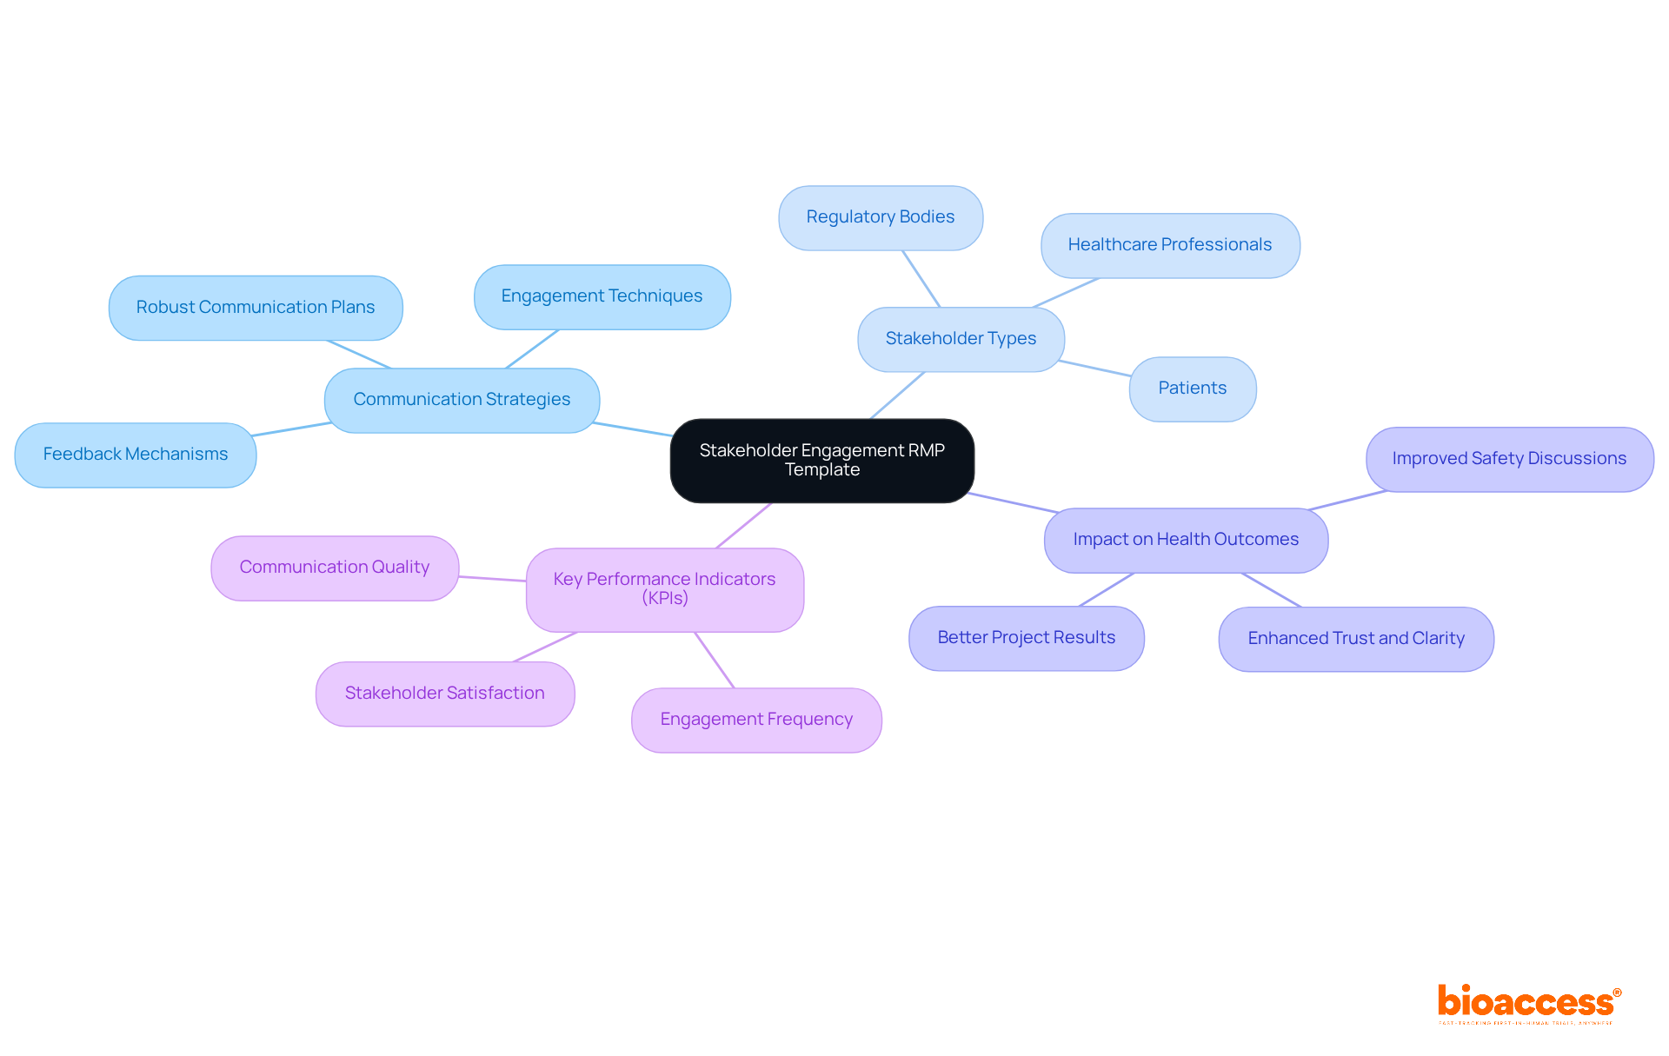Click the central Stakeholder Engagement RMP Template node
tap(821, 461)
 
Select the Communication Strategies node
tap(462, 400)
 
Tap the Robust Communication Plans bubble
tap(256, 308)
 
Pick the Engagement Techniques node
tap(602, 296)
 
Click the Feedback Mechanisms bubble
tap(136, 455)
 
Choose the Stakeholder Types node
tap(961, 339)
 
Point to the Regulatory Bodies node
tap(881, 217)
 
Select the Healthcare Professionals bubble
tap(1170, 245)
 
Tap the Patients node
tap(1192, 389)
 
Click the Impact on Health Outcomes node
tap(1186, 540)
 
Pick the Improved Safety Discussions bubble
tap(1509, 459)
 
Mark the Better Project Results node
tap(1026, 638)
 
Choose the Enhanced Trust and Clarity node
tap(1356, 639)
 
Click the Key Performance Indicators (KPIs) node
tap(664, 589)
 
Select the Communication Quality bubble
tap(335, 568)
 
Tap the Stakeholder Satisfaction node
tap(445, 694)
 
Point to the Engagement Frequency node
tap(756, 720)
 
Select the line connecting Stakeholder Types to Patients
tap(1096, 369)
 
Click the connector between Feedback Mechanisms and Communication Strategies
tap(291, 429)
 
